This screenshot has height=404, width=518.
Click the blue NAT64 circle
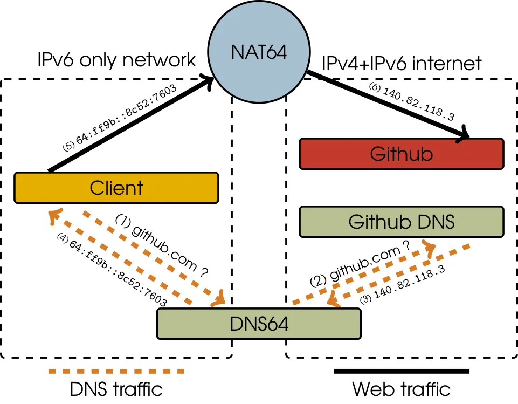tap(259, 52)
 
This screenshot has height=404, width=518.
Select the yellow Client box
tap(116, 188)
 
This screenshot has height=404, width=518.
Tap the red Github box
tap(401, 154)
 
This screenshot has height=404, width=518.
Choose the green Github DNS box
tap(401, 222)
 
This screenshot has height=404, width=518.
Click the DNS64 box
tap(258, 324)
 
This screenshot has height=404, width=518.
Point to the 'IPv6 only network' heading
tap(116, 60)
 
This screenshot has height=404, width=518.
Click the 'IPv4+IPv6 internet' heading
tap(402, 64)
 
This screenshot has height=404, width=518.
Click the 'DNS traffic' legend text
tap(116, 389)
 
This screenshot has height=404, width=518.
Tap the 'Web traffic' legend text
tap(401, 389)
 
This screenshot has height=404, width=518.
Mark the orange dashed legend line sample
tap(116, 371)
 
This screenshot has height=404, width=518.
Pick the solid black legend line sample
tap(401, 371)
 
